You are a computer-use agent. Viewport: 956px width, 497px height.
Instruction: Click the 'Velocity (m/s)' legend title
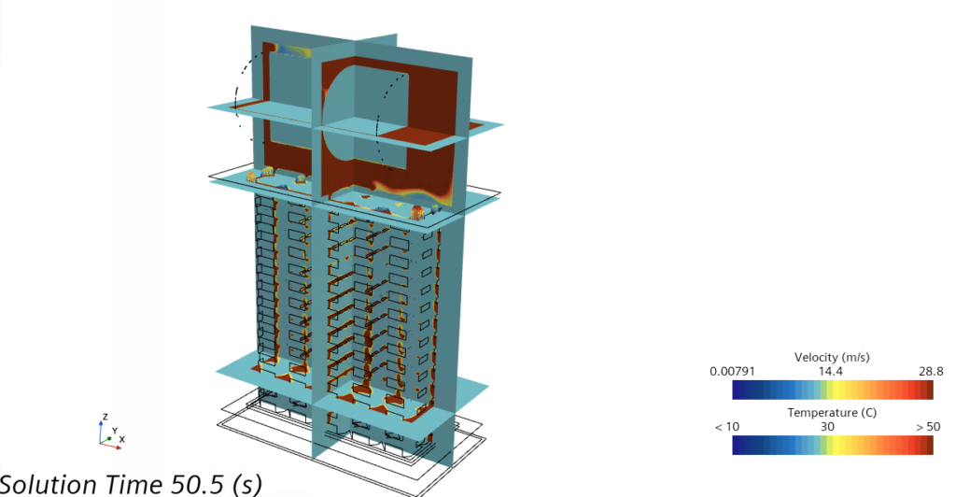click(x=832, y=358)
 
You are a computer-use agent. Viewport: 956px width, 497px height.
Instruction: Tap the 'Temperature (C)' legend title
click(x=832, y=413)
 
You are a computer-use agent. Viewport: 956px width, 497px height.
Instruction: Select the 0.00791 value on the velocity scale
click(x=732, y=372)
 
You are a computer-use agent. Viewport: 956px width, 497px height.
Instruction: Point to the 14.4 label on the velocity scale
click(x=830, y=372)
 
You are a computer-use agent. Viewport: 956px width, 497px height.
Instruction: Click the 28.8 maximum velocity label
click(x=931, y=372)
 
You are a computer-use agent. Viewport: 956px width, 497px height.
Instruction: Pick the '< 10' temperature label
click(x=726, y=427)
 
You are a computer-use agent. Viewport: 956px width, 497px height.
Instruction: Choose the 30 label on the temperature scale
click(x=827, y=427)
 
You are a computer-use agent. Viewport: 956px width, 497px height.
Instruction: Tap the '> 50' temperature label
click(x=928, y=427)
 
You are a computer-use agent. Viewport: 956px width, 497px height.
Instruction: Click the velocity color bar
click(x=833, y=390)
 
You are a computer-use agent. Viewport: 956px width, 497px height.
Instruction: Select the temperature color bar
click(x=833, y=446)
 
